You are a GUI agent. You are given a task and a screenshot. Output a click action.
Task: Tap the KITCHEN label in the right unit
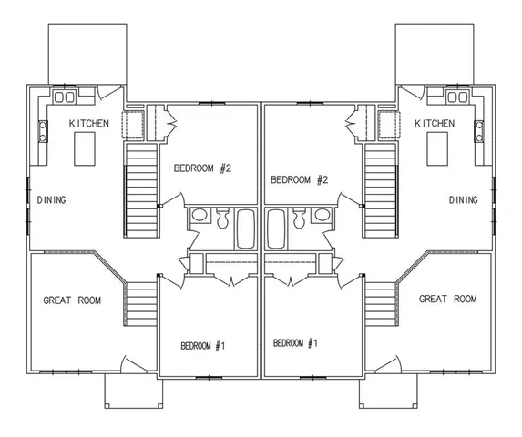pyautogui.click(x=435, y=123)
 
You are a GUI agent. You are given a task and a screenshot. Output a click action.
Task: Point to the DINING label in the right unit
pyautogui.click(x=464, y=199)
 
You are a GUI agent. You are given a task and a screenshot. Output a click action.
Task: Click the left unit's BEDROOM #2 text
pyautogui.click(x=204, y=168)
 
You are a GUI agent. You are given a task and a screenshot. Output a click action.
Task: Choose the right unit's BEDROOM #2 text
pyautogui.click(x=300, y=179)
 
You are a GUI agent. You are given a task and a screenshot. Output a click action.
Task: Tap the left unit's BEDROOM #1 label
pyautogui.click(x=202, y=345)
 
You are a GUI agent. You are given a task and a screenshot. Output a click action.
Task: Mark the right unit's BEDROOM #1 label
pyautogui.click(x=295, y=342)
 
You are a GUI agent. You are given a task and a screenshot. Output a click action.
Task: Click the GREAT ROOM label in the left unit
pyautogui.click(x=72, y=300)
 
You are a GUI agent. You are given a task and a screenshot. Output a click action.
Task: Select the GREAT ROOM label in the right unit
pyautogui.click(x=447, y=299)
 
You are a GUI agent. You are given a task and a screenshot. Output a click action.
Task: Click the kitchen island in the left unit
pyautogui.click(x=85, y=145)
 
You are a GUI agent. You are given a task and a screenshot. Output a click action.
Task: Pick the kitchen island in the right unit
pyautogui.click(x=436, y=145)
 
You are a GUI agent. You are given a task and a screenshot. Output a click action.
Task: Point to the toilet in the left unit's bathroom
pyautogui.click(x=221, y=218)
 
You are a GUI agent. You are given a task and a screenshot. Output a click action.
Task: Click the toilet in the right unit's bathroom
pyautogui.click(x=299, y=218)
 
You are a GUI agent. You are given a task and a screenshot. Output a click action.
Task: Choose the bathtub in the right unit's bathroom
pyautogui.click(x=275, y=229)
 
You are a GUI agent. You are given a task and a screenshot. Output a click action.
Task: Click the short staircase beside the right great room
pyautogui.click(x=381, y=304)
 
